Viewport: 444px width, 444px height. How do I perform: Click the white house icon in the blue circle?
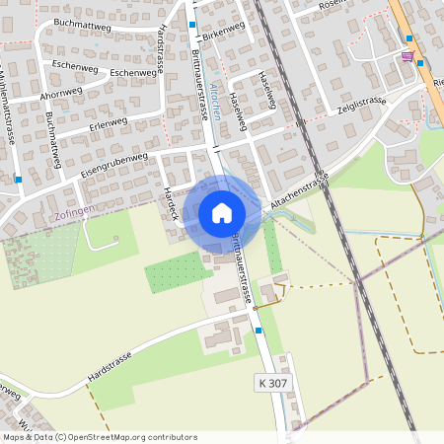click(221, 212)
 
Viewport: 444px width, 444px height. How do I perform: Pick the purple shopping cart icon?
click(407, 57)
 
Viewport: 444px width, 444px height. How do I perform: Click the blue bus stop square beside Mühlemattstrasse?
click(19, 180)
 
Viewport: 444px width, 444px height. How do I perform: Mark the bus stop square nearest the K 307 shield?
click(259, 332)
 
